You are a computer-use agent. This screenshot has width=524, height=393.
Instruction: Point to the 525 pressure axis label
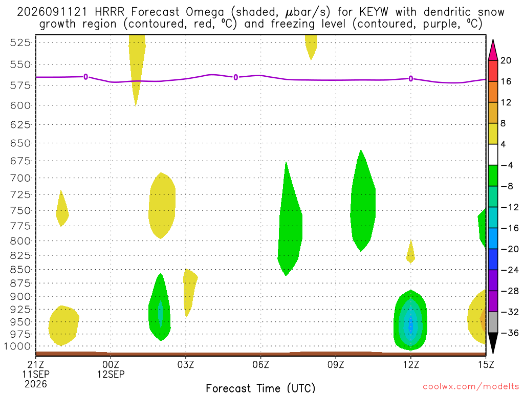(x=20, y=42)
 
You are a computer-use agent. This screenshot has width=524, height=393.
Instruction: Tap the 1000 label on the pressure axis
(x=17, y=346)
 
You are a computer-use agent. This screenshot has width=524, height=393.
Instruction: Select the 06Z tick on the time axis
(x=260, y=358)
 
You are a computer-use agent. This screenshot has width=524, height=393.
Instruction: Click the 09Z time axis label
(x=336, y=364)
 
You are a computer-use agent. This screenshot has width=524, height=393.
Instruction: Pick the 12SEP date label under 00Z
(x=111, y=374)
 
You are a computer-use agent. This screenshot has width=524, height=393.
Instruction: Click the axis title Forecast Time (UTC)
(x=260, y=388)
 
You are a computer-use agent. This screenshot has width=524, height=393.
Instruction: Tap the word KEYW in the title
(x=374, y=12)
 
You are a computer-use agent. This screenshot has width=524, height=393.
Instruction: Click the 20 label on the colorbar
(x=506, y=60)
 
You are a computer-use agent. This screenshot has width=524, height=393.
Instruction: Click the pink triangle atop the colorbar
(x=493, y=51)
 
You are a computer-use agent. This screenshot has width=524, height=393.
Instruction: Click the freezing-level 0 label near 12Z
(x=411, y=79)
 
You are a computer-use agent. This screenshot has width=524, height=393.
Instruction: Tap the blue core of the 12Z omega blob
(x=411, y=323)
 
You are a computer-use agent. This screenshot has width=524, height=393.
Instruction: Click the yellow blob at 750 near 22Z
(x=61, y=210)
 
